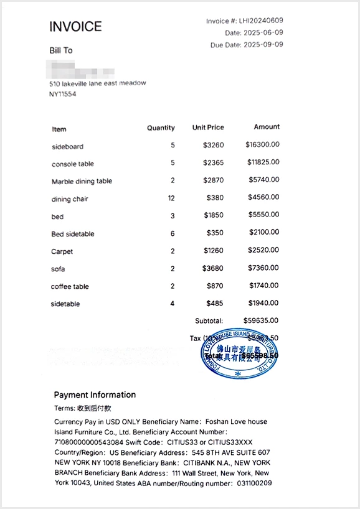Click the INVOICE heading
75,27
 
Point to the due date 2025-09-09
263,45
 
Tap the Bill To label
61,50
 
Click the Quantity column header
161,128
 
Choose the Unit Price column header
208,128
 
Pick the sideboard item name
67,147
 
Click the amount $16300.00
262,145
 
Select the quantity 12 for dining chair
171,198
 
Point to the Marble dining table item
82,182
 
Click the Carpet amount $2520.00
264,251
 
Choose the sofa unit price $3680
213,268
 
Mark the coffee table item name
70,287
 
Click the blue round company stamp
239,353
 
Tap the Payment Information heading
95,395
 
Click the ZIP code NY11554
62,94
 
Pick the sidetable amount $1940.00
264,303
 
